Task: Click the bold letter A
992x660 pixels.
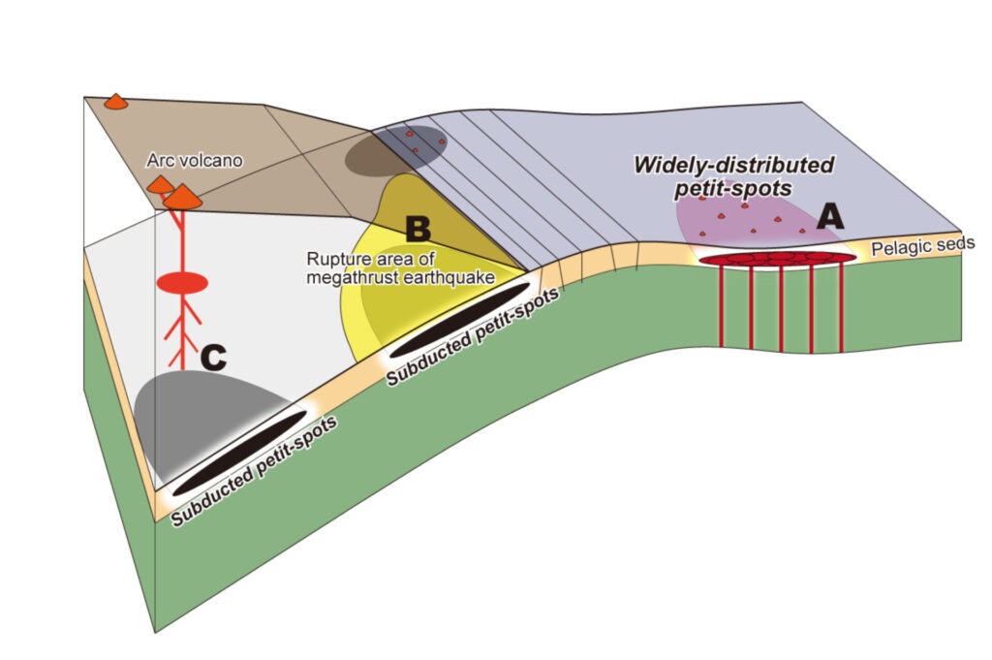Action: [828, 216]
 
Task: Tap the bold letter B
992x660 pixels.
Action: [417, 230]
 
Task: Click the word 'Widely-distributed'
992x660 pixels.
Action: [733, 165]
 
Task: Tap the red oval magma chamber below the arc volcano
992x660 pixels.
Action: [182, 283]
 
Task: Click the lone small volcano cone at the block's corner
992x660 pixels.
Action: [116, 101]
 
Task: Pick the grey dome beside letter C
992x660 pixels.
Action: [194, 412]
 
